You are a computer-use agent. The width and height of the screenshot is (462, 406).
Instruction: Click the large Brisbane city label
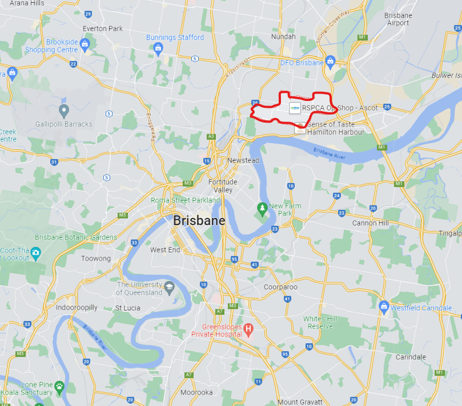[199, 221]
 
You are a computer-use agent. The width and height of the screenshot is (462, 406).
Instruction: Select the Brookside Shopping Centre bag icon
[85, 43]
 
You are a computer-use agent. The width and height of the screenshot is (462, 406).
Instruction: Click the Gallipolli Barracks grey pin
[64, 110]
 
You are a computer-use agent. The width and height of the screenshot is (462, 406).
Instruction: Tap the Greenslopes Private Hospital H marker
[248, 329]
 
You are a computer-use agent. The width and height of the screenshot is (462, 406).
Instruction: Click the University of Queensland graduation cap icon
[169, 287]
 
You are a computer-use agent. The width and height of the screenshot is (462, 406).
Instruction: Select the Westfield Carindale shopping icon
[384, 307]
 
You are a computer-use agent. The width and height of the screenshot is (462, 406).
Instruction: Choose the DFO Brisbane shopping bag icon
[330, 63]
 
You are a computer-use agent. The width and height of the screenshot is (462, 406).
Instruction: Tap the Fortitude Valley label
[223, 186]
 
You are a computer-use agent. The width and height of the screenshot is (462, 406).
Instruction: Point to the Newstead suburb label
[243, 160]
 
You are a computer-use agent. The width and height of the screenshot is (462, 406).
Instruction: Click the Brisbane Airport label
[397, 19]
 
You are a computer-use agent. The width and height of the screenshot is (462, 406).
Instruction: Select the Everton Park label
[103, 29]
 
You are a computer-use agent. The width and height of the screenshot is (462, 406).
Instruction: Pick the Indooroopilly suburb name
[77, 307]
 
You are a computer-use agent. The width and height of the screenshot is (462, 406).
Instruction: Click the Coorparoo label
[280, 287]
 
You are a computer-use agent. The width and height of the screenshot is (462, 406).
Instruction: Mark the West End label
[165, 250]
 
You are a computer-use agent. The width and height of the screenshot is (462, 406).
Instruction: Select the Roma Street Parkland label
[185, 200]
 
